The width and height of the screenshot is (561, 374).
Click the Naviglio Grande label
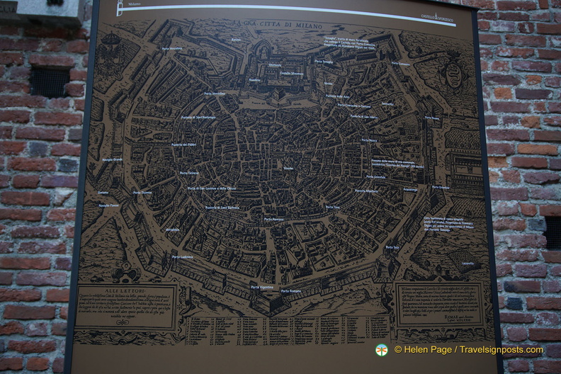pyautogui.click(x=113, y=159)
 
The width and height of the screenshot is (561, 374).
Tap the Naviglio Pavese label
pyautogui.click(x=109, y=205)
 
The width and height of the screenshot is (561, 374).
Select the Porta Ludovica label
pyautogui.click(x=182, y=256)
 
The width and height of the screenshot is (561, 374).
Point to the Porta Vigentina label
pyautogui.click(x=261, y=287)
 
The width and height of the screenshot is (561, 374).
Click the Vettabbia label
pyautogui.click(x=173, y=229)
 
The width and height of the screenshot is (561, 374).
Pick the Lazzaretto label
pyautogui.click(x=467, y=263)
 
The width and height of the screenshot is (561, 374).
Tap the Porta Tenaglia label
pyautogui.click(x=324, y=61)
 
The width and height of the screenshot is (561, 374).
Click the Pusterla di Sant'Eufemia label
pyautogui.click(x=222, y=208)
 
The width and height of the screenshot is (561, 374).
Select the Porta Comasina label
pyautogui.click(x=400, y=64)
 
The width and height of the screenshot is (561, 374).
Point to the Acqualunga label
pyautogui.click(x=410, y=190)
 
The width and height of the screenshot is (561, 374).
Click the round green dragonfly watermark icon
pyautogui.click(x=382, y=349)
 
